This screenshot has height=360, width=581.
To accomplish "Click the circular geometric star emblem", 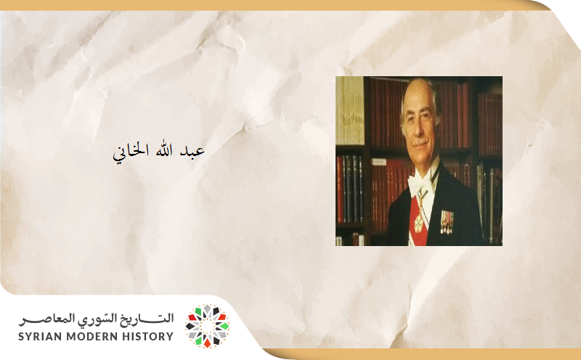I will point(207,326).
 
